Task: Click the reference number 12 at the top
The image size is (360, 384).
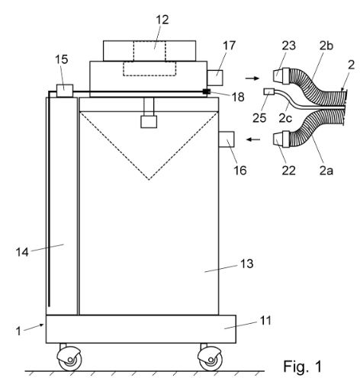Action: (x=162, y=20)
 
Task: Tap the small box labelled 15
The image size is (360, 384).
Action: (x=65, y=91)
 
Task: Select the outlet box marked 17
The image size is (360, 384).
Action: (x=215, y=78)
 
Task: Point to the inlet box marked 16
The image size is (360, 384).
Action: (x=227, y=139)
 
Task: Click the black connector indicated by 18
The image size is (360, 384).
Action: (x=206, y=91)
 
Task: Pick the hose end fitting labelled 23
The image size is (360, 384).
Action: (x=281, y=75)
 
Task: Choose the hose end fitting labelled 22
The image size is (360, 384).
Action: (x=281, y=139)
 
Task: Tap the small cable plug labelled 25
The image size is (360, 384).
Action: (x=268, y=91)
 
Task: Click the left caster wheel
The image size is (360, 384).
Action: (x=70, y=358)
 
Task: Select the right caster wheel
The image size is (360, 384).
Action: (x=211, y=358)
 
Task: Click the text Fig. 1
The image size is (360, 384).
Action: (x=303, y=366)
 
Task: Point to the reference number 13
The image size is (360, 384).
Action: (x=246, y=264)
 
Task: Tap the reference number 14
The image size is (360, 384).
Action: (x=22, y=252)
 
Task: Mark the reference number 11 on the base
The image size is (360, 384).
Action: (x=265, y=321)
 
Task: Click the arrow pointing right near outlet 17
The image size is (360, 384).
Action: (x=252, y=78)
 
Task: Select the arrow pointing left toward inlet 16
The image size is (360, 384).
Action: (x=253, y=139)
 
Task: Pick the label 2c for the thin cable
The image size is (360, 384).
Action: (x=285, y=118)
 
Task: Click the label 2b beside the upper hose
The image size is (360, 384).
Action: (x=326, y=46)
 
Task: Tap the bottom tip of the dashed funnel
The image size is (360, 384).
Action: (x=149, y=180)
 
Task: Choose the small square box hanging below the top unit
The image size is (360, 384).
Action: (x=149, y=122)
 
